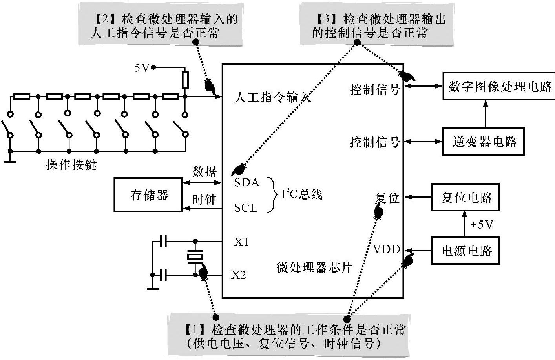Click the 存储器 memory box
tap(148, 195)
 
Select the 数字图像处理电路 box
tap(499, 86)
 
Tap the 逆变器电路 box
tap(483, 142)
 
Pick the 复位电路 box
tap(465, 197)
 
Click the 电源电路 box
tap(465, 251)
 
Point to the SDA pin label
tap(246, 182)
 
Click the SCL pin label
tap(246, 207)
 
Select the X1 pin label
tap(241, 242)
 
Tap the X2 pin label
tap(238, 275)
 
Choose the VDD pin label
tap(386, 249)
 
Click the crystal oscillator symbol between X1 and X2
tap(195, 257)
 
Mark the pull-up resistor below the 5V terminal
tap(185, 80)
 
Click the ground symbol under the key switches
tap(10, 160)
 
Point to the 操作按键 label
tap(71, 165)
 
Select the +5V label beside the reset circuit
tap(481, 225)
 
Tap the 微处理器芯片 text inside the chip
tap(314, 267)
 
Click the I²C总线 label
tap(301, 194)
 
